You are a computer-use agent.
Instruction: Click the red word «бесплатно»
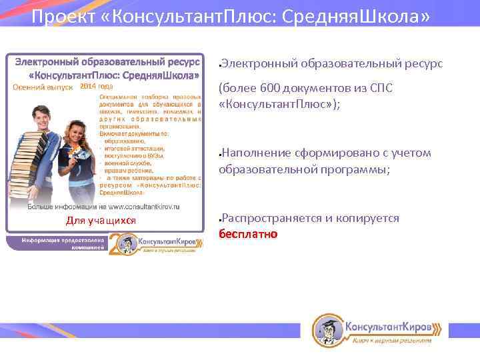(248, 234)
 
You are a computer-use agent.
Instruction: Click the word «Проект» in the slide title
(63, 16)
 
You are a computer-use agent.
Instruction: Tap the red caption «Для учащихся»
(101, 221)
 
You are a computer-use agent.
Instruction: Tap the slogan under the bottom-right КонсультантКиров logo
(392, 341)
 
